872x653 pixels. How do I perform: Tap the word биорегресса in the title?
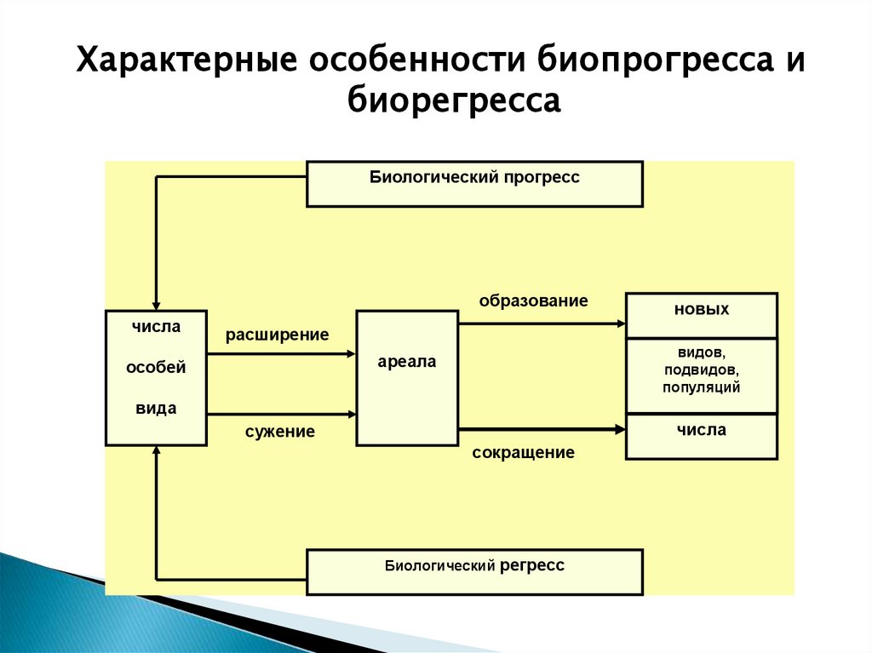pyautogui.click(x=454, y=101)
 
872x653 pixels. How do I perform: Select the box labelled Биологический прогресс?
pyautogui.click(x=474, y=183)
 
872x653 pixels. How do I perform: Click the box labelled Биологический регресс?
pyautogui.click(x=474, y=571)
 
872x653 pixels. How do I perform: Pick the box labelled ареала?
pyautogui.click(x=406, y=378)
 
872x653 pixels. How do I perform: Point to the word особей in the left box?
pyautogui.click(x=156, y=368)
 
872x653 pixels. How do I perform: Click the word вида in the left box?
pyautogui.click(x=156, y=408)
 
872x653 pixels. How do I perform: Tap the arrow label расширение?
pyautogui.click(x=277, y=335)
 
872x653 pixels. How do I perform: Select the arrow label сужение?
pyautogui.click(x=280, y=432)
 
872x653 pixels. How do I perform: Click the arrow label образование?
pyautogui.click(x=533, y=301)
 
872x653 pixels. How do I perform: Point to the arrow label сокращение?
pyautogui.click(x=523, y=453)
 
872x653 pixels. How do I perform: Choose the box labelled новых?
pyautogui.click(x=702, y=315)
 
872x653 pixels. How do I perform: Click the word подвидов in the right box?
pyautogui.click(x=702, y=369)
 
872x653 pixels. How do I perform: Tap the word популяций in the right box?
pyautogui.click(x=702, y=387)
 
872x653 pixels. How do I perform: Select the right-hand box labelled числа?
pyautogui.click(x=702, y=436)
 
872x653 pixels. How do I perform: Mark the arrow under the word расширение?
pyautogui.click(x=281, y=354)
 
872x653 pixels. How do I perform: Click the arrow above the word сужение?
pyautogui.click(x=281, y=415)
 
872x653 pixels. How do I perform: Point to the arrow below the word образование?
pyautogui.click(x=542, y=324)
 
